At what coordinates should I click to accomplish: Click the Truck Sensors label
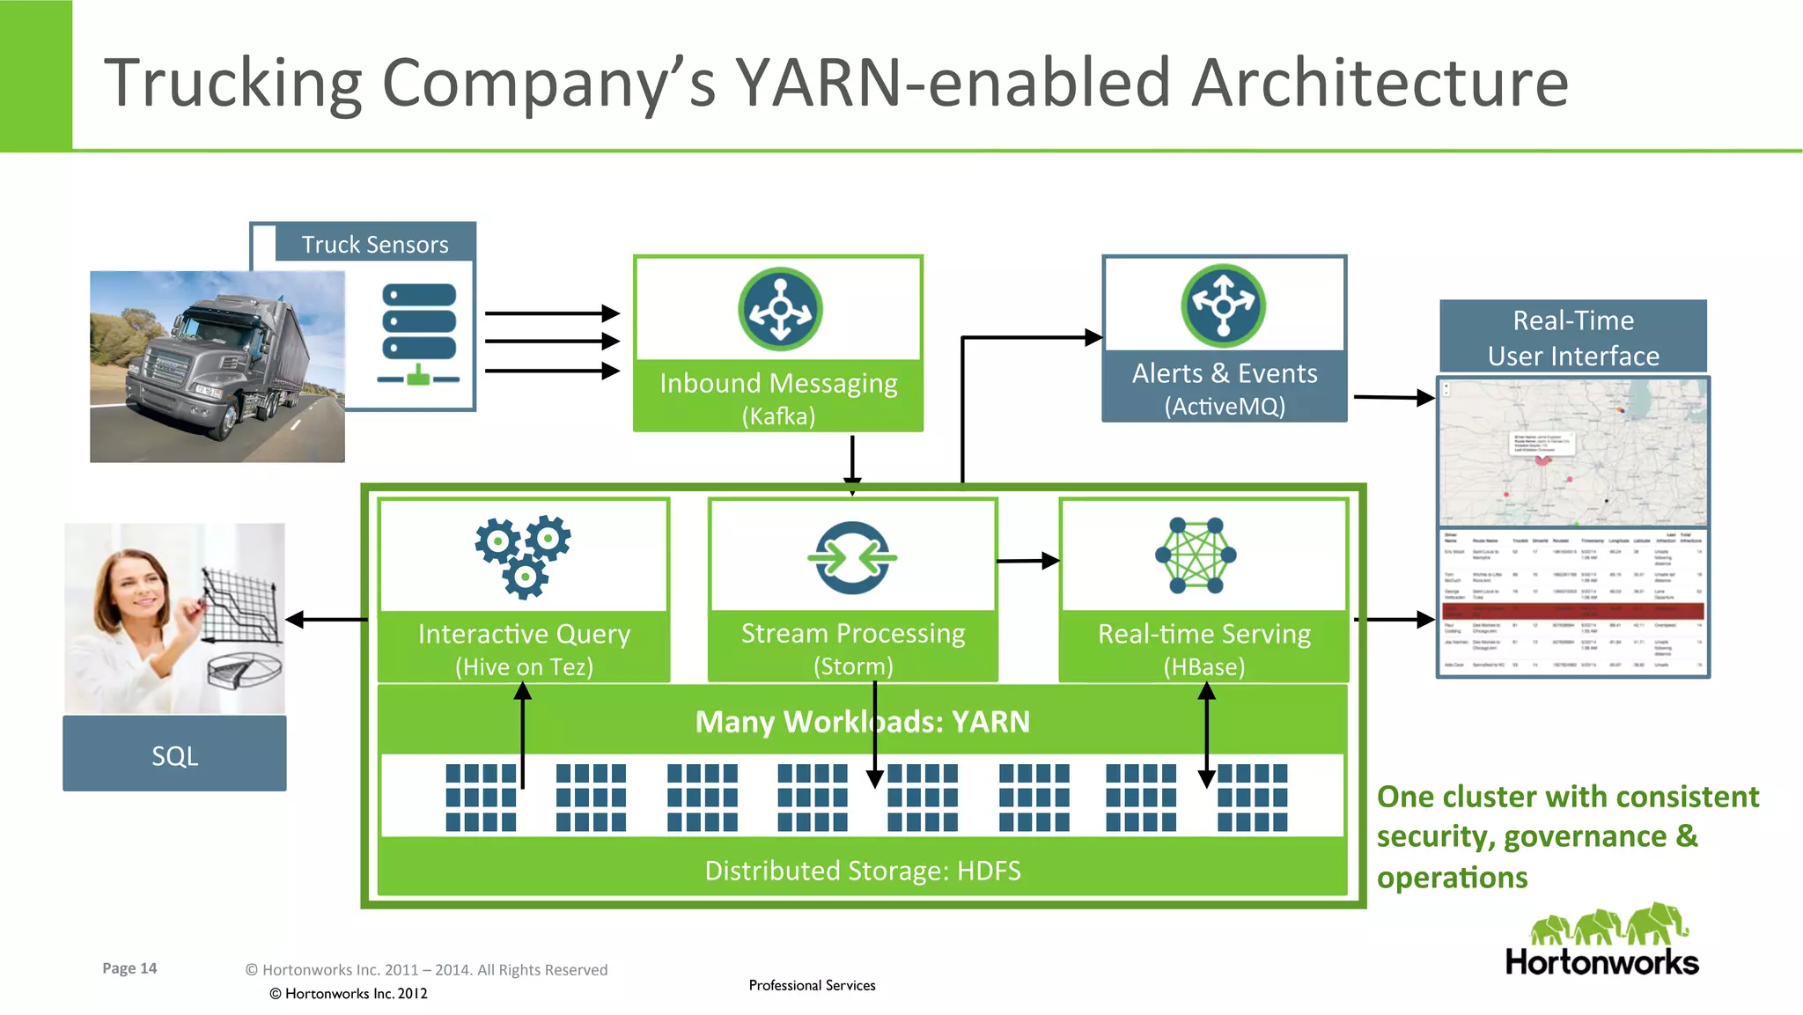coord(375,244)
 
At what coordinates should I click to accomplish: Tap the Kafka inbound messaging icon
coord(780,310)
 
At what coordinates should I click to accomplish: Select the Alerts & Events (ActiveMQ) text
coord(1225,388)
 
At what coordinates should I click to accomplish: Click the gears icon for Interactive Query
coord(523,556)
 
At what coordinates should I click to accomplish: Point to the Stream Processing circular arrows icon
coord(852,557)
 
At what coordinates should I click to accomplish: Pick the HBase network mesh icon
coord(1196,555)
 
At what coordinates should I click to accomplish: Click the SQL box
coord(174,754)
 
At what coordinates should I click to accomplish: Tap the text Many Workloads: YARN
coord(862,722)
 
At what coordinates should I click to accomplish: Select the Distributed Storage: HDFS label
coord(862,871)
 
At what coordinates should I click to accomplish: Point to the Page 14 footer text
coord(129,968)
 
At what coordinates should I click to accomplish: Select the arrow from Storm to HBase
coord(1027,561)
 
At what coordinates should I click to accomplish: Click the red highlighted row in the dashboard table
coord(1573,610)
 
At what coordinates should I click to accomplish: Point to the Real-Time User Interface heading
coord(1573,338)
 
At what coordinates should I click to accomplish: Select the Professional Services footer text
coord(812,985)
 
